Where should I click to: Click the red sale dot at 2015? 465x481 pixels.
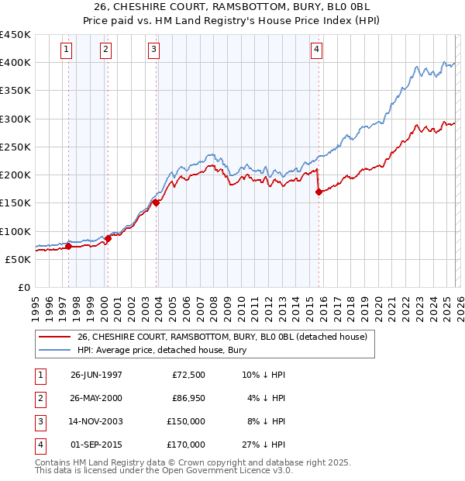click(x=319, y=192)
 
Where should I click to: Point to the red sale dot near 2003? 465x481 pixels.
click(x=157, y=203)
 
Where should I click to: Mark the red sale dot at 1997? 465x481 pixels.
click(x=68, y=247)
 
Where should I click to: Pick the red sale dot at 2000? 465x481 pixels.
click(x=108, y=238)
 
